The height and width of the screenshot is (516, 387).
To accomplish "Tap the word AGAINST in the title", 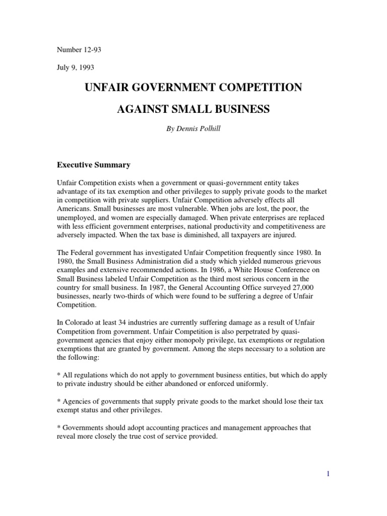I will coord(143,109).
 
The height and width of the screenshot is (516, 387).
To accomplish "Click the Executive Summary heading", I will coord(93,165).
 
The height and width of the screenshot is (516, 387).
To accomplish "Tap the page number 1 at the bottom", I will coord(328,474).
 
